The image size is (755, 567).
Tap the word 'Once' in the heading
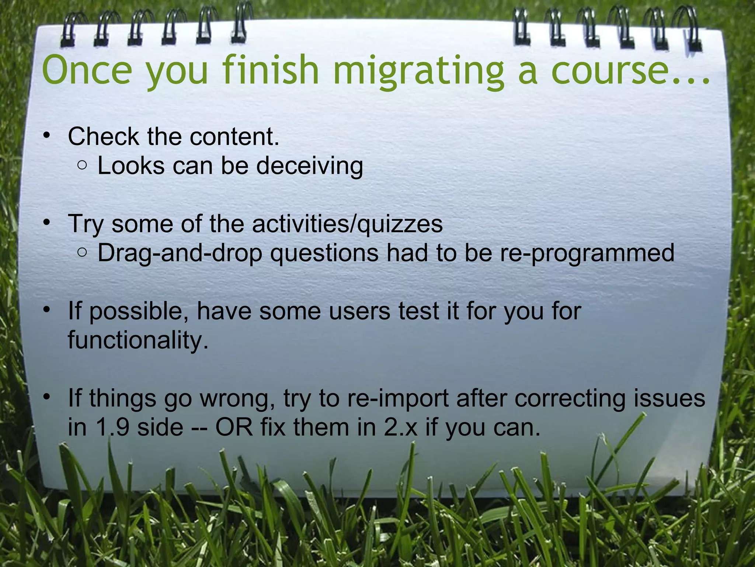pos(87,70)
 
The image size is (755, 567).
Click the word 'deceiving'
pos(310,166)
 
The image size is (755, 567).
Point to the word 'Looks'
pos(131,166)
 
